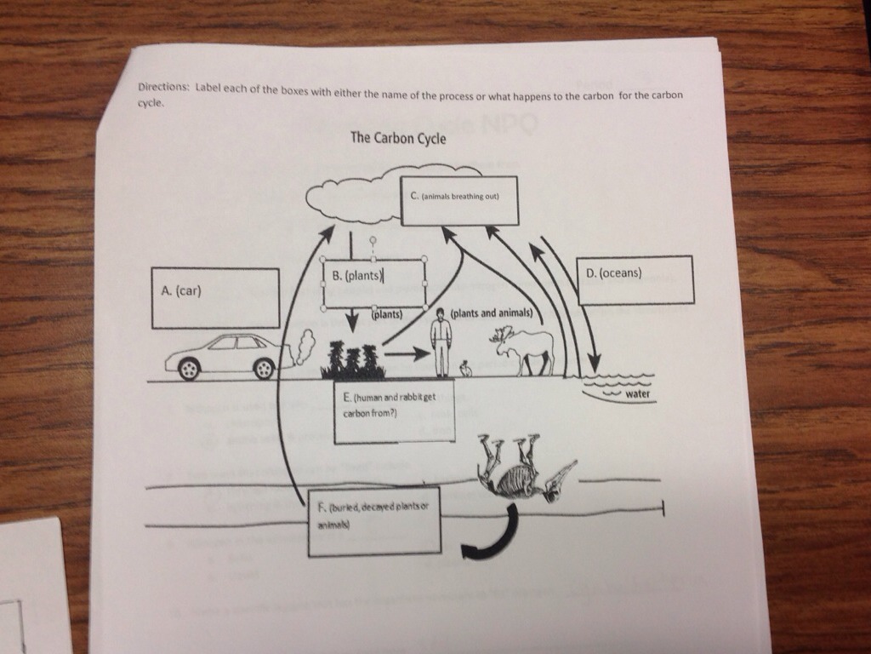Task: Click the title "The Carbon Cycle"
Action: point(398,138)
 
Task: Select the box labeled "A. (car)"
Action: point(215,298)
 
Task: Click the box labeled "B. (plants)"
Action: point(373,284)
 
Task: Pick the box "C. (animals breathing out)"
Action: point(459,201)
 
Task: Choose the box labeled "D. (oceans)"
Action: point(635,280)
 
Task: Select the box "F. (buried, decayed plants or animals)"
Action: point(374,521)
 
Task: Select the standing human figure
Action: point(441,342)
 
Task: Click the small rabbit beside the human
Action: point(465,369)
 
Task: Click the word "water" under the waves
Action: point(637,394)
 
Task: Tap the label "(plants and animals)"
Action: point(492,313)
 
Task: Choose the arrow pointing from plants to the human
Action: point(407,353)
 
